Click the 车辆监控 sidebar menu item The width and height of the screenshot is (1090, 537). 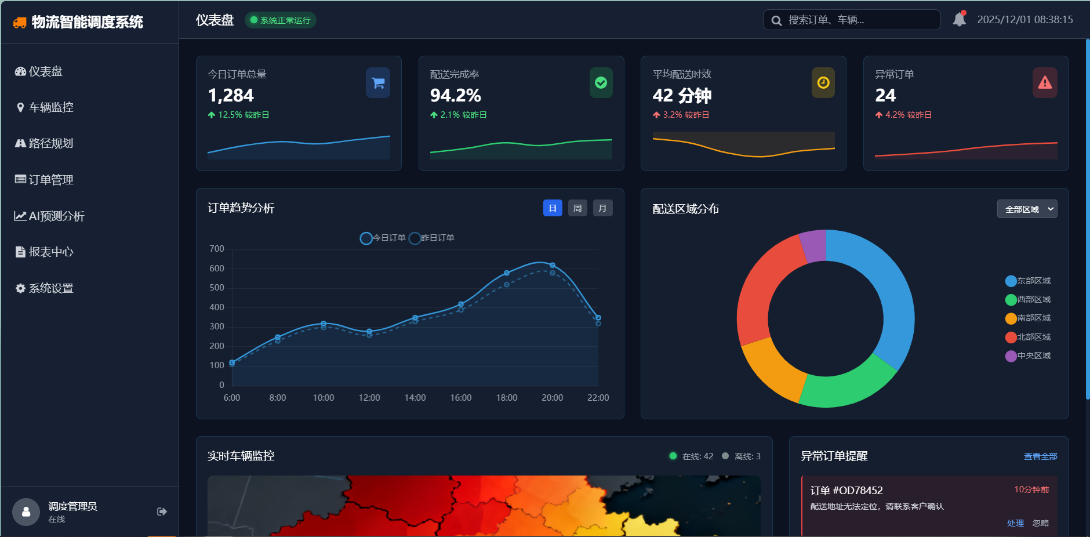pos(51,107)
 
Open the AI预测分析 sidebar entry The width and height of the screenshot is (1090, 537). pos(56,216)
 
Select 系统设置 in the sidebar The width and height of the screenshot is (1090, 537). pos(51,288)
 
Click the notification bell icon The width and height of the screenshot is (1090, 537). pos(960,20)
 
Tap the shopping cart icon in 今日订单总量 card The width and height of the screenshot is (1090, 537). pos(378,83)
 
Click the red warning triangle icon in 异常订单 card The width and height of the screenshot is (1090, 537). pos(1045,83)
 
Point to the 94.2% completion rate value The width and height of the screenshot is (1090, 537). pos(456,95)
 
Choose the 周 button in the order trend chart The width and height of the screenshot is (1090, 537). pos(577,208)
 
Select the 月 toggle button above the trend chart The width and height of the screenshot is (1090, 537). pos(602,208)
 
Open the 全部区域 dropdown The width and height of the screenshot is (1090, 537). pos(1027,209)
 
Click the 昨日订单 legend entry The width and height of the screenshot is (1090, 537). pos(432,238)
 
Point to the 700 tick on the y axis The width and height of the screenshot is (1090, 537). pos(217,249)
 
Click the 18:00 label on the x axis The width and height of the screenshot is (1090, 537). pos(507,398)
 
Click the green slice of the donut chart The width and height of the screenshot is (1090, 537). pos(846,386)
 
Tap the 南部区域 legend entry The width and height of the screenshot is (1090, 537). pos(1028,318)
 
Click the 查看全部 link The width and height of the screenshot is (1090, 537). pos(1040,456)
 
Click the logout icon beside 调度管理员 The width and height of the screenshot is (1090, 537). pos(162,511)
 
